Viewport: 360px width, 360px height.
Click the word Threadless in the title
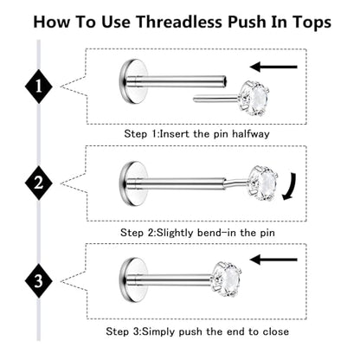pos(179,22)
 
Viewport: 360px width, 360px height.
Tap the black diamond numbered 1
pos(39,87)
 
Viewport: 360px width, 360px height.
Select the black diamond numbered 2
pos(39,183)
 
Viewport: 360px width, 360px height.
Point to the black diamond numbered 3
pos(39,281)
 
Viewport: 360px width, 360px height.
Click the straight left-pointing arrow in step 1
pos(273,67)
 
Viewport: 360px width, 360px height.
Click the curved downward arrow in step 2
pos(290,187)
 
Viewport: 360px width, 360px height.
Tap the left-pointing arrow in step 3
pos(273,260)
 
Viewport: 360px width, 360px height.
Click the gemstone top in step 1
pos(253,99)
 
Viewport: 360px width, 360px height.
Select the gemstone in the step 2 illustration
pos(263,183)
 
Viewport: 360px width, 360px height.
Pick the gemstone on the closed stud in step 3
pos(226,280)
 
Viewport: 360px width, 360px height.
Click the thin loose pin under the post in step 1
pos(215,99)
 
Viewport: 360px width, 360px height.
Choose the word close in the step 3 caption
pos(276,331)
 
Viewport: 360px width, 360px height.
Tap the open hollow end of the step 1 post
pos(225,81)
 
